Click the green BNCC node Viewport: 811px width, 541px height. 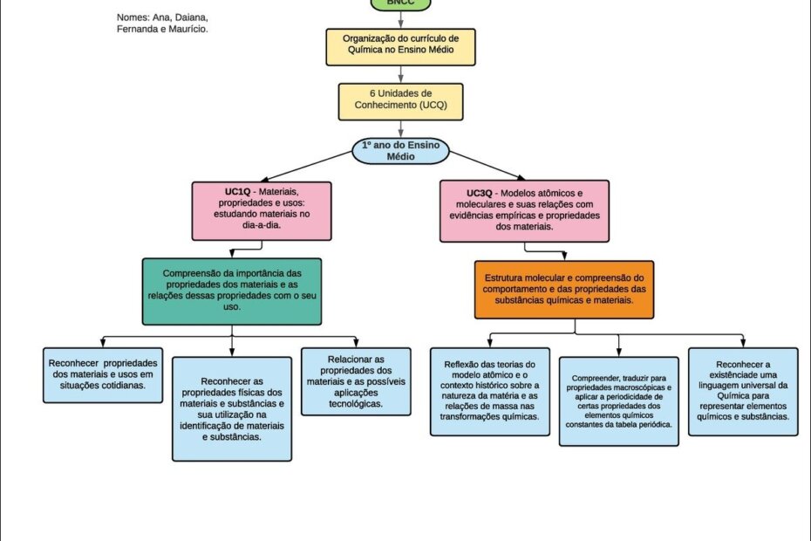400,3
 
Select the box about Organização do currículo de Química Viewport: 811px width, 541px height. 401,46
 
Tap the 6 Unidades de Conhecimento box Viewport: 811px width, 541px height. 400,101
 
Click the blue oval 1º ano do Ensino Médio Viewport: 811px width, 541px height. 400,151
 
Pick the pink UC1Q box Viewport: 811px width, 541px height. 262,210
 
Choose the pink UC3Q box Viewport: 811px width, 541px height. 525,210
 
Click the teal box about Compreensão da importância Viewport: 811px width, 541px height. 232,291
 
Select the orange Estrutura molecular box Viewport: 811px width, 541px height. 564,288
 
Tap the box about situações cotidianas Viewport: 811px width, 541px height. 103,374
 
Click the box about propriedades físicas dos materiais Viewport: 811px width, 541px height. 232,408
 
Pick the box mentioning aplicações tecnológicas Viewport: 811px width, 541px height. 355,381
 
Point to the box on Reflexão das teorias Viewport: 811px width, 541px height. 489,391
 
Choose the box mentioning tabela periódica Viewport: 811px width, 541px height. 619,401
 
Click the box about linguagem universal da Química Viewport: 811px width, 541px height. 743,392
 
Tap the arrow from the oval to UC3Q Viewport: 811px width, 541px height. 490,168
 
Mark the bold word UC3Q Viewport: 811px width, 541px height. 480,192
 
